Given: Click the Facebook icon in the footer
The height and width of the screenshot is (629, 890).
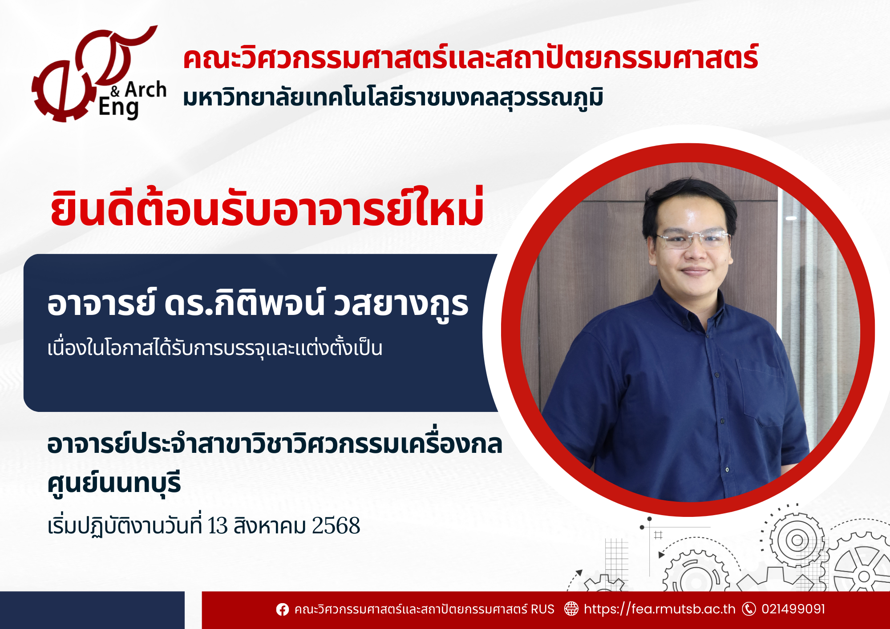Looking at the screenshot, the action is pyautogui.click(x=282, y=609).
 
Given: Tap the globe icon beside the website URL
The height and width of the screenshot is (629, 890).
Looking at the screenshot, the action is pyautogui.click(x=571, y=609).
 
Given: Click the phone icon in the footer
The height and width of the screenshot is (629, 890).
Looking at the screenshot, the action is pyautogui.click(x=749, y=609).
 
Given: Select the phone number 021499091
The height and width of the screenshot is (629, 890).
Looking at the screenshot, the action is pyautogui.click(x=793, y=609).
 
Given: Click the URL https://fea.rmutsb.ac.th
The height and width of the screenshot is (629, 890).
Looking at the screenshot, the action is pyautogui.click(x=659, y=609).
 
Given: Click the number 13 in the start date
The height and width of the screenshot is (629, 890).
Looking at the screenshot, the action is pyautogui.click(x=218, y=526).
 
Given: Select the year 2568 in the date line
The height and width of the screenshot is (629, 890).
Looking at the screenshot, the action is pyautogui.click(x=336, y=526).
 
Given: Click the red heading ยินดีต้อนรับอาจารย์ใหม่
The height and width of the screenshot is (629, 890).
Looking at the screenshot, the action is pyautogui.click(x=267, y=207).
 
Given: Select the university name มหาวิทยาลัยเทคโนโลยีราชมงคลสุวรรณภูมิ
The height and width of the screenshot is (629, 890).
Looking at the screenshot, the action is pyautogui.click(x=393, y=98).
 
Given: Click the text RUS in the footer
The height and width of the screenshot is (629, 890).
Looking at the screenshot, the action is pyautogui.click(x=542, y=609).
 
